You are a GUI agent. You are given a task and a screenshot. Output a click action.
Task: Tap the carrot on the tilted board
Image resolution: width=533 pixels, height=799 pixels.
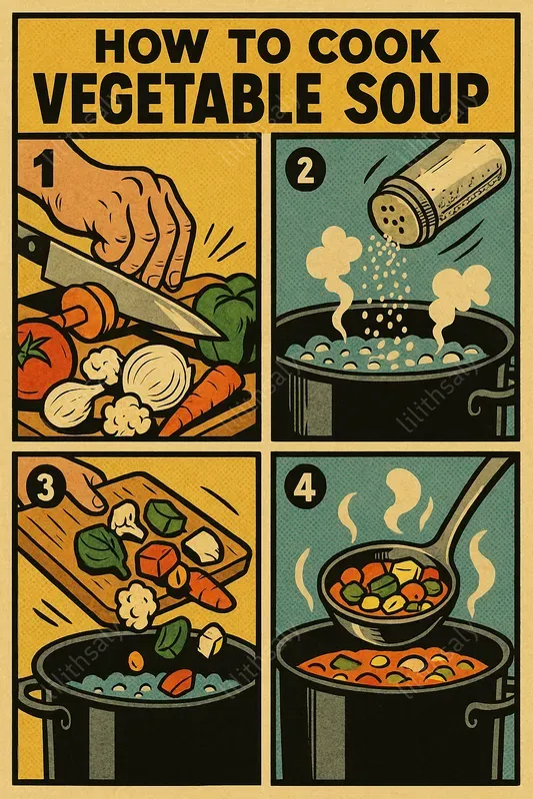[204, 589]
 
